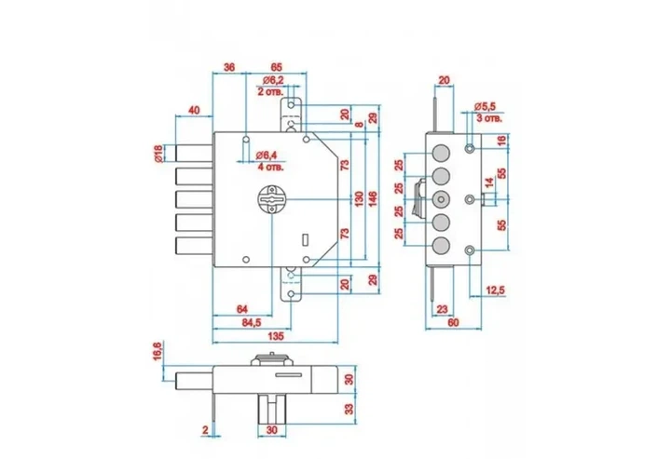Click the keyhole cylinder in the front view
point(272,199)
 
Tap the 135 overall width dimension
point(276,336)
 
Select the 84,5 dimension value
point(252,323)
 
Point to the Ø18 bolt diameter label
point(157,154)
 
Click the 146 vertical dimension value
point(373,199)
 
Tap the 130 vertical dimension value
point(359,199)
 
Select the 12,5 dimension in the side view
point(496,290)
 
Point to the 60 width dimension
point(453,322)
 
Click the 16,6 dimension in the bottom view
point(157,350)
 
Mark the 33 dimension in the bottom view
point(349,409)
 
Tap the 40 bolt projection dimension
point(194,110)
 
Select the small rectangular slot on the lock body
point(305,239)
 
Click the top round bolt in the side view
point(441,153)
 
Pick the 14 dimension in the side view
point(489,182)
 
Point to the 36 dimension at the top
point(230,67)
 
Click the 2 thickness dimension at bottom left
point(205,430)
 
